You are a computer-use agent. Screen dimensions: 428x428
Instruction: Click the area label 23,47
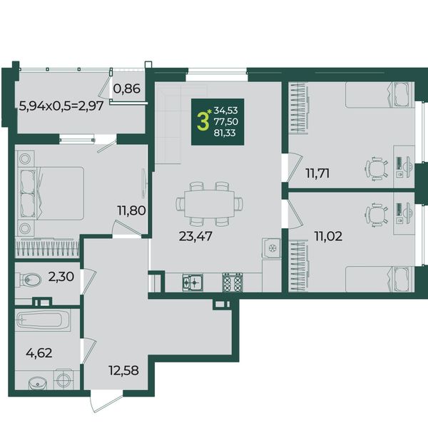point(195,236)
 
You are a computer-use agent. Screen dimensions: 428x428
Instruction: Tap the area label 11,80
point(131,210)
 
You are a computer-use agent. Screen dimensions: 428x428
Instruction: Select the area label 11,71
point(317,173)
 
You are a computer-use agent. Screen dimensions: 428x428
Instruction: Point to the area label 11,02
point(328,236)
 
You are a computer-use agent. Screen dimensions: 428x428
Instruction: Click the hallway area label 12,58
point(123,370)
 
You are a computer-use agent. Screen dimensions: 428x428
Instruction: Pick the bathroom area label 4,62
point(39,353)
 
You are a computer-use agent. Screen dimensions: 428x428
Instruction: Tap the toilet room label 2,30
point(61,277)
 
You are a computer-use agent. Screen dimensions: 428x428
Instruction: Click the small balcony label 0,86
point(127,88)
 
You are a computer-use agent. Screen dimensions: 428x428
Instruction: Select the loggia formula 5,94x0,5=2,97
point(61,106)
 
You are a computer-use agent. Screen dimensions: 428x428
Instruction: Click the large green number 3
point(203,122)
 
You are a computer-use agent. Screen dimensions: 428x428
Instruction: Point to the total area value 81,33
point(225,133)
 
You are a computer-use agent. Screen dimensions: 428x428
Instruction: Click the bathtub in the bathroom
point(43,320)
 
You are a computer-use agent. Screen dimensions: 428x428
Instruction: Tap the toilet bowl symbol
point(28,280)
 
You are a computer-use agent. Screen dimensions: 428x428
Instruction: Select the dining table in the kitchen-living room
point(209,203)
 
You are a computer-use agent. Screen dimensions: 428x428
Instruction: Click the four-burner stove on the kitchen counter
point(233,282)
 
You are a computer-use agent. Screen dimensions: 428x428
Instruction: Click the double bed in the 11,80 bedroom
point(51,193)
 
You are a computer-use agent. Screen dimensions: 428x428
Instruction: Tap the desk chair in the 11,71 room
point(377,169)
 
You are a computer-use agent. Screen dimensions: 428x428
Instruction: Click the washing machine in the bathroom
point(64,379)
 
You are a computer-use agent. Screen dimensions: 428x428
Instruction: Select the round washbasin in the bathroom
point(37,383)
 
